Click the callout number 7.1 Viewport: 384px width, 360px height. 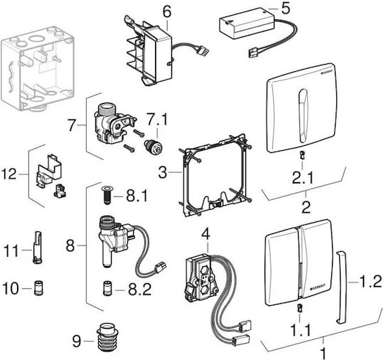(156, 120)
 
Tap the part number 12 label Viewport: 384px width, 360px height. (9, 174)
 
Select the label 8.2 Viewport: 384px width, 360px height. (140, 289)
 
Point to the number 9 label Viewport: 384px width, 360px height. (77, 341)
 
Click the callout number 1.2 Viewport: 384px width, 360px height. (370, 282)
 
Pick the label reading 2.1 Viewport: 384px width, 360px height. (303, 177)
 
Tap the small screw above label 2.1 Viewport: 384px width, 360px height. (302, 155)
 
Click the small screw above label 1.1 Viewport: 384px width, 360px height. (299, 308)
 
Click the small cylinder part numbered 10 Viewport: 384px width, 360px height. (38, 288)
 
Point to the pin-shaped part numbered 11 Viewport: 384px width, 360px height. (38, 248)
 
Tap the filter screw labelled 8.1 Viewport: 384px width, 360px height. (107, 196)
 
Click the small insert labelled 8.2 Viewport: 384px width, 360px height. (107, 289)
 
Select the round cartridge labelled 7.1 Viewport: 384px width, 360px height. (153, 147)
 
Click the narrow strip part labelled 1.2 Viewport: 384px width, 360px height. (341, 287)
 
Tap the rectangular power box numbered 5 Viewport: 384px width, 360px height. (246, 23)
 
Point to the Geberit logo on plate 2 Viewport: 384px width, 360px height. (326, 70)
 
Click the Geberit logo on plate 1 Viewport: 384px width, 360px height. (318, 287)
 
